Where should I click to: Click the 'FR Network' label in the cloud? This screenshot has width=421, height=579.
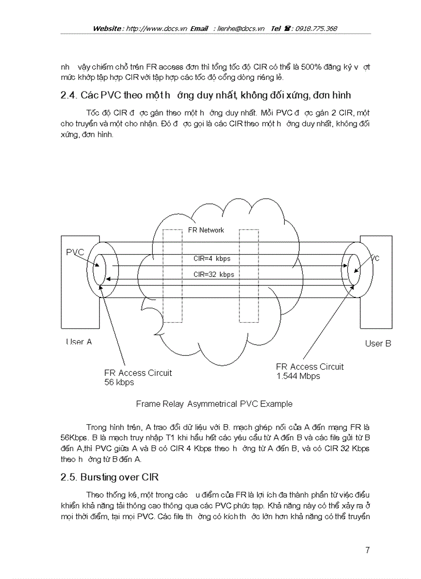[x=205, y=230]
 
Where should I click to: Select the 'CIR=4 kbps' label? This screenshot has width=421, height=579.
[x=212, y=259]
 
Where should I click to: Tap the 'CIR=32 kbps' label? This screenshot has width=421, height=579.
[x=214, y=274]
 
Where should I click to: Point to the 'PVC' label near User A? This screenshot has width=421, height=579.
[x=75, y=252]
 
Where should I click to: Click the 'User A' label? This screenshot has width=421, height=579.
[x=78, y=341]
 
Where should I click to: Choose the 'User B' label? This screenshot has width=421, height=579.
[x=378, y=343]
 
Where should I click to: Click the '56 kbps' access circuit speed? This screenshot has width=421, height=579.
[x=119, y=382]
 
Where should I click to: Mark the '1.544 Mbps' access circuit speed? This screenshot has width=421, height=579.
[x=298, y=376]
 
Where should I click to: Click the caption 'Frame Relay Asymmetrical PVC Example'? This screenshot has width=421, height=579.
[x=214, y=404]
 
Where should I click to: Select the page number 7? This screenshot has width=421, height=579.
[x=367, y=550]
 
